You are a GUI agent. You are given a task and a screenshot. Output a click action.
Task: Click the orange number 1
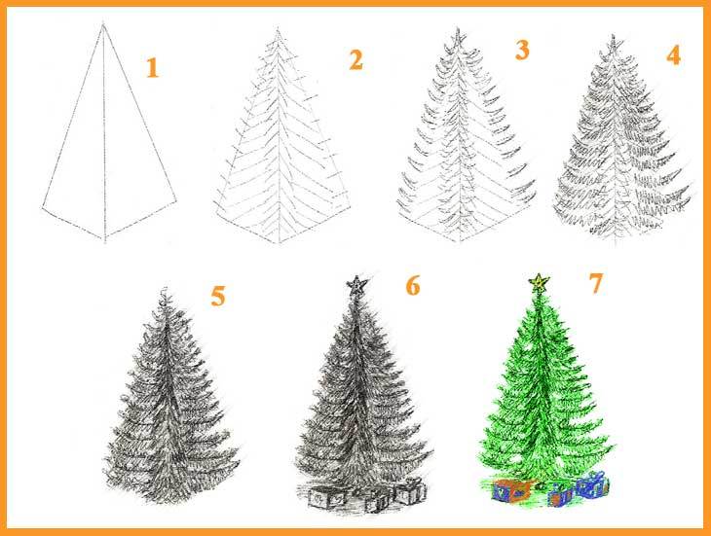(x=152, y=68)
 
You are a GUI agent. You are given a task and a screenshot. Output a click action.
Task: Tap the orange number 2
(x=355, y=59)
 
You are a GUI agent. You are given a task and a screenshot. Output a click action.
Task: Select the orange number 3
(x=522, y=50)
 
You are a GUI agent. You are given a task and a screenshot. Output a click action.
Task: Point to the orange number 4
(x=673, y=55)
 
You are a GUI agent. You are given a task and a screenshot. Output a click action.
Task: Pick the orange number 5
(x=217, y=296)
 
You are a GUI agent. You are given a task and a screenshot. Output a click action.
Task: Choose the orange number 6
(x=413, y=286)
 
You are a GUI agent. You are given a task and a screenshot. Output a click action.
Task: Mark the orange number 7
(x=596, y=283)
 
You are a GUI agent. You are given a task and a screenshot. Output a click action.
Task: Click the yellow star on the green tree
(x=540, y=282)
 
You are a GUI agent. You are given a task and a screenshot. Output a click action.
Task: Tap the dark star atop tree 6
(x=357, y=285)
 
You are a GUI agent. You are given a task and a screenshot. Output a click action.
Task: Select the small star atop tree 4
(x=614, y=43)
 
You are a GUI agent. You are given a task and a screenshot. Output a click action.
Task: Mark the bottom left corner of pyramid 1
(x=43, y=208)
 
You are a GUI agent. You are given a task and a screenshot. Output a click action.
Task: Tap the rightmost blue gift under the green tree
(x=592, y=484)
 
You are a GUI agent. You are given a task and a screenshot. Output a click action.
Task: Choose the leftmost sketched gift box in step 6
(x=325, y=497)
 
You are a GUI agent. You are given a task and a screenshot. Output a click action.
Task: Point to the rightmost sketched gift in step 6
(x=410, y=491)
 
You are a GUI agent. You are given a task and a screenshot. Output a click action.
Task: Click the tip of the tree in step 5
(x=165, y=289)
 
